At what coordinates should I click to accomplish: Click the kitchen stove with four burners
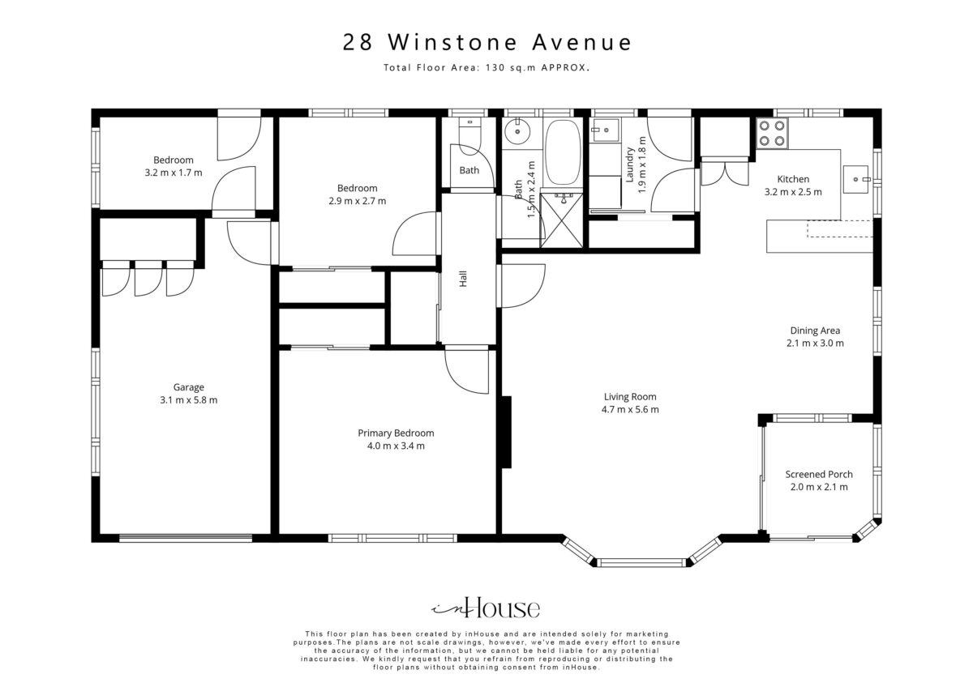tap(772, 133)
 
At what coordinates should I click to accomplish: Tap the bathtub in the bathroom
tap(563, 152)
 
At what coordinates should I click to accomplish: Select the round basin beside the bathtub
tap(517, 130)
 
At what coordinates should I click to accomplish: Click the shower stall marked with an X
tap(561, 220)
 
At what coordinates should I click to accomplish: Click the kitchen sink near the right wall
tap(856, 179)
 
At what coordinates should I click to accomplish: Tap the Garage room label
tap(188, 387)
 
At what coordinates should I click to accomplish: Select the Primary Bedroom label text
tap(396, 433)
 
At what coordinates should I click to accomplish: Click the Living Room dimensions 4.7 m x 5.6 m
tap(630, 409)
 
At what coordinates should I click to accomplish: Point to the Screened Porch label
tap(819, 475)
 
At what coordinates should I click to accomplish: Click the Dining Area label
tap(815, 331)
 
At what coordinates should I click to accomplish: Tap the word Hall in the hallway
tap(463, 279)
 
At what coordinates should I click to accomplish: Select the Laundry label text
tap(630, 164)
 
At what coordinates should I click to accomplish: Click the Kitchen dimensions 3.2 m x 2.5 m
tap(793, 192)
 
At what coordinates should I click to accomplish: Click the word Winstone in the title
tap(452, 42)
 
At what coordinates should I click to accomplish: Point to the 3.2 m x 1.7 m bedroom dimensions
tap(174, 173)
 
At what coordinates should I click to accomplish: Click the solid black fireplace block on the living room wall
tap(506, 432)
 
